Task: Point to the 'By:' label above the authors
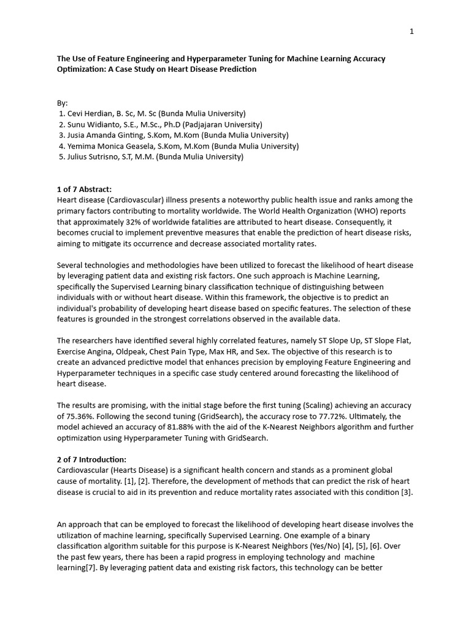pyautogui.click(x=63, y=102)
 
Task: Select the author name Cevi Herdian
pyautogui.click(x=93, y=113)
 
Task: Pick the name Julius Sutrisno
pyautogui.click(x=96, y=157)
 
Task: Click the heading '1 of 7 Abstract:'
pyautogui.click(x=85, y=190)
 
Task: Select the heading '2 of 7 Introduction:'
pyautogui.click(x=92, y=459)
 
